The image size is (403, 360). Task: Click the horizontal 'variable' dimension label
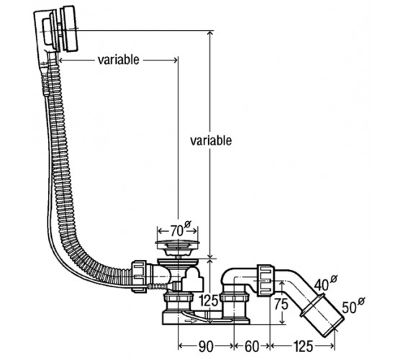click(119, 60)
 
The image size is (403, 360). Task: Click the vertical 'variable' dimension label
click(211, 140)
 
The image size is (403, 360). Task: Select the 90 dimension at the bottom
click(206, 346)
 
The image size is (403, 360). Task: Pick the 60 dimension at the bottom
click(252, 346)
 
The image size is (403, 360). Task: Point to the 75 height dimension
click(281, 304)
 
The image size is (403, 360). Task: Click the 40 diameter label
click(326, 282)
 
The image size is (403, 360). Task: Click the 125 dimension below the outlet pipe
click(303, 346)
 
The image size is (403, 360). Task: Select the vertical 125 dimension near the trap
click(209, 301)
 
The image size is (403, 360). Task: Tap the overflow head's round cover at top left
click(70, 29)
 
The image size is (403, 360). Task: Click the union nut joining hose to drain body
click(140, 276)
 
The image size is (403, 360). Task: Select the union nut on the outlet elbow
click(266, 280)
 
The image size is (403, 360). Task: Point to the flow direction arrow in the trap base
click(191, 320)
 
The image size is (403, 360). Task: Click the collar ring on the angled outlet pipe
click(312, 305)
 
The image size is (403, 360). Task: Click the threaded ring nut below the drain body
click(177, 299)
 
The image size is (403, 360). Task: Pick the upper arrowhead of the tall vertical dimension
click(210, 33)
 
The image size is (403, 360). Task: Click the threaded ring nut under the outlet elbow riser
click(235, 299)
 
